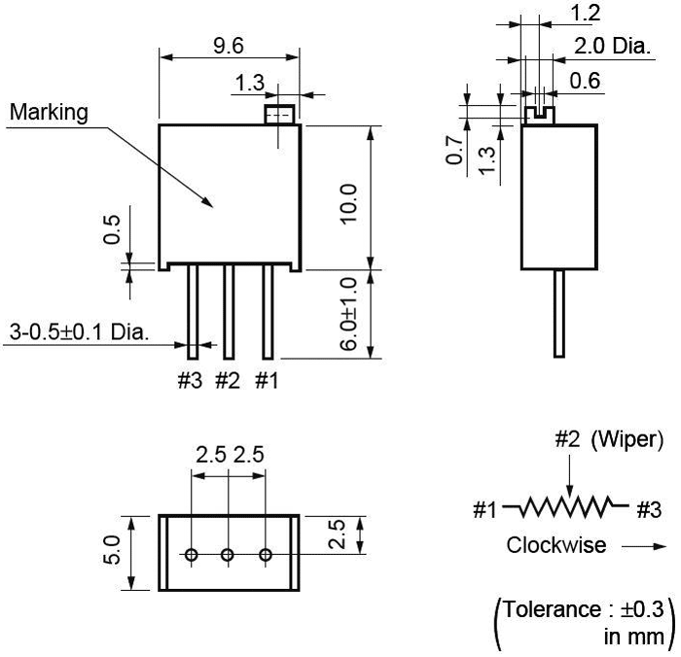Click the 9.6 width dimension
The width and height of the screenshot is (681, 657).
(x=230, y=45)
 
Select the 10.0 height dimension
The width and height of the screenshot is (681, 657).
(x=350, y=203)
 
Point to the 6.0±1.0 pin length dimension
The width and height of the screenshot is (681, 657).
(x=350, y=313)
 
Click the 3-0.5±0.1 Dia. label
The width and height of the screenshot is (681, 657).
(x=79, y=332)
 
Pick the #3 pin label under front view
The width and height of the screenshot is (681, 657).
(x=190, y=381)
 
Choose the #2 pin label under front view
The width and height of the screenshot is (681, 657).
(x=227, y=381)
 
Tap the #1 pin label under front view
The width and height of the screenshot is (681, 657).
(x=267, y=381)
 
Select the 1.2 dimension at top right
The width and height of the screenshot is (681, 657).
(x=585, y=13)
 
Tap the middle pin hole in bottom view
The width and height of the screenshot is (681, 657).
(x=228, y=554)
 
